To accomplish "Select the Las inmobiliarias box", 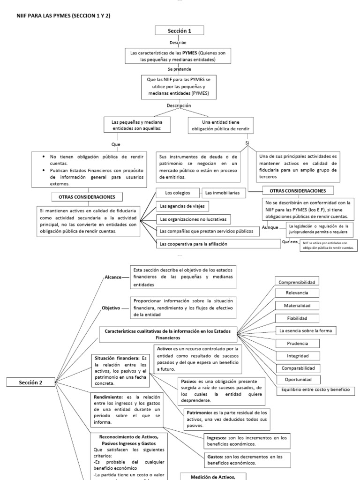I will click(x=220, y=193).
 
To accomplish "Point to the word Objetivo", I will click(x=111, y=308).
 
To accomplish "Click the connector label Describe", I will click(x=180, y=43).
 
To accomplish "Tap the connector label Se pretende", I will click(x=180, y=69).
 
